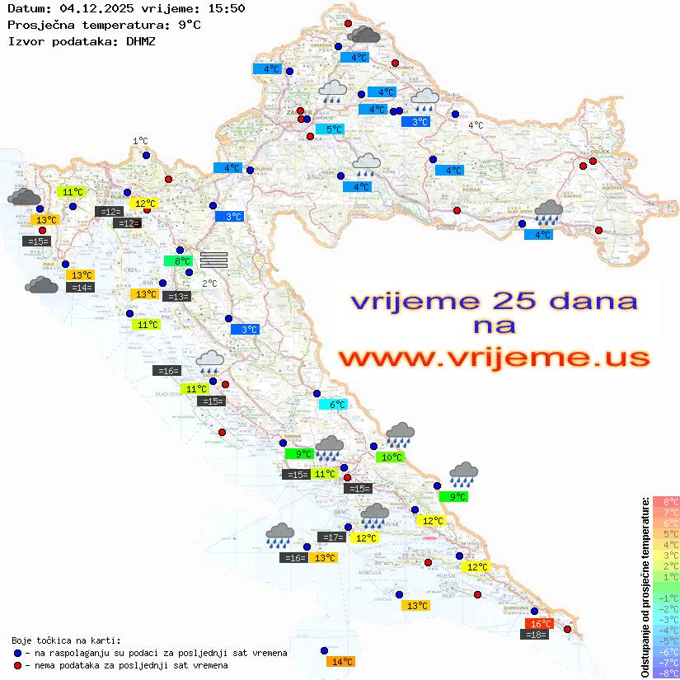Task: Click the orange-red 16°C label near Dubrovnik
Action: (540, 624)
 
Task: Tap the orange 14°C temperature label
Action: (340, 661)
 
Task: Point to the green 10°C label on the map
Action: (390, 457)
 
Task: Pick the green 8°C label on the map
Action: (178, 261)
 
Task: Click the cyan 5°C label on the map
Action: (330, 129)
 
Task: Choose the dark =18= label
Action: (536, 634)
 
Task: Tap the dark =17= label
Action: (331, 537)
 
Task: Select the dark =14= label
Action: (81, 287)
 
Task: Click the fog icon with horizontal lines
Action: (213, 259)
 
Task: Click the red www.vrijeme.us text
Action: (493, 358)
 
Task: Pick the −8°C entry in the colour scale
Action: (665, 673)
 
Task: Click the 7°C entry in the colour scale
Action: (665, 512)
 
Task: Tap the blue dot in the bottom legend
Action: (17, 653)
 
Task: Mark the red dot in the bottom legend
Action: (17, 665)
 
